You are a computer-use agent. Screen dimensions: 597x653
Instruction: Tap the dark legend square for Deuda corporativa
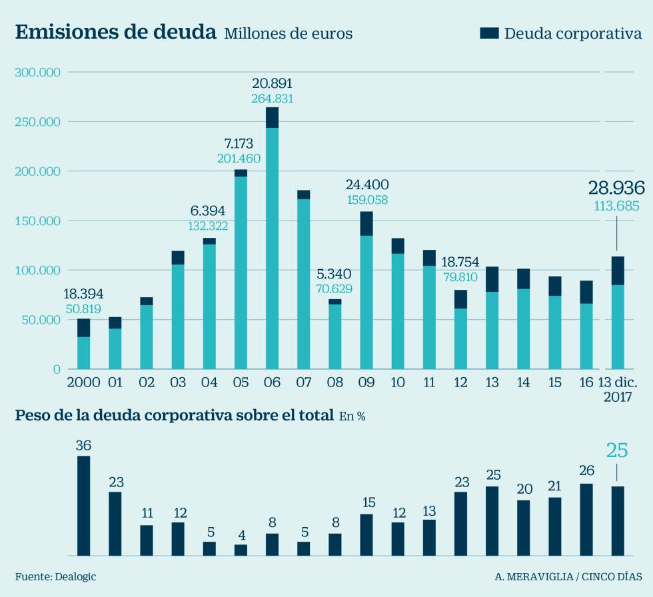[489, 33]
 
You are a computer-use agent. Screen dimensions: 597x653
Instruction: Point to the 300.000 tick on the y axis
[37, 72]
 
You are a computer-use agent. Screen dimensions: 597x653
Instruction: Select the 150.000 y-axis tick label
[37, 221]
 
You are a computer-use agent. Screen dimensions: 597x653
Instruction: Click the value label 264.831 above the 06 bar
[272, 99]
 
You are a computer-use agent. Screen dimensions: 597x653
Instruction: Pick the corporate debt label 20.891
[272, 84]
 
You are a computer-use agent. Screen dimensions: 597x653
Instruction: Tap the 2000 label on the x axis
[83, 382]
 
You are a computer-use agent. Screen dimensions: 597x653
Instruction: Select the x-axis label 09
[366, 382]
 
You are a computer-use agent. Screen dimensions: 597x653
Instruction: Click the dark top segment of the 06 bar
[272, 117]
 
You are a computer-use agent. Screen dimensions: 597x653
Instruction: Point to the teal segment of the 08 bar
[335, 336]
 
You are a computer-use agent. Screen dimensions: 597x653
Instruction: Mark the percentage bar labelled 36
[83, 505]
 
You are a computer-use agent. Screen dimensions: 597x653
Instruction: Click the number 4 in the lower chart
[241, 535]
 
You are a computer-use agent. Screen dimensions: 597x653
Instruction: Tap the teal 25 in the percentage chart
[617, 451]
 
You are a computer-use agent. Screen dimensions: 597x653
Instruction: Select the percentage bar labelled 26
[586, 519]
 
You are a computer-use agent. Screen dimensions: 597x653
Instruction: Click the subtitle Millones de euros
[288, 34]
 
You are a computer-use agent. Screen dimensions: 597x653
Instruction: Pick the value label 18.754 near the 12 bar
[460, 261]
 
